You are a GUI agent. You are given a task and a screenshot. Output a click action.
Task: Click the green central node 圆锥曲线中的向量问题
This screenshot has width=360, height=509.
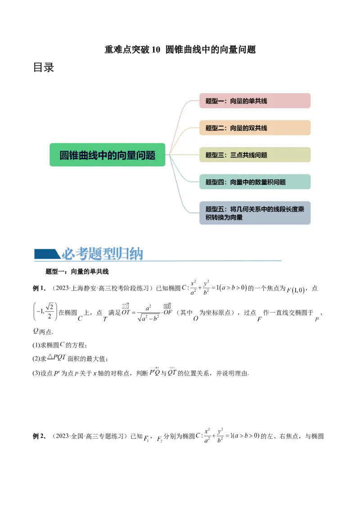coord(107,155)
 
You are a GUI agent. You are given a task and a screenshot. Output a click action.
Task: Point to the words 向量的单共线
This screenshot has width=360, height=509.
coord(248,101)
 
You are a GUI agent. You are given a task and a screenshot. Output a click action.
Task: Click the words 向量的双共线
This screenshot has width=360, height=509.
coord(248,128)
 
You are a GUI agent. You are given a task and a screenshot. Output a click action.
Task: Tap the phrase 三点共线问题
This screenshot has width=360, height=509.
coord(248,155)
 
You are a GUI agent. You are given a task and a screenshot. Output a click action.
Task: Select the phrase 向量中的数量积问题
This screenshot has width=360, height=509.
coord(258,182)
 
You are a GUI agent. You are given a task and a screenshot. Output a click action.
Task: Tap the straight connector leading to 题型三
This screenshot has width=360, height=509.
coord(182,155)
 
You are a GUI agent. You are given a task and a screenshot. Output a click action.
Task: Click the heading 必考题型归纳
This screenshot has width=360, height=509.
coord(102,254)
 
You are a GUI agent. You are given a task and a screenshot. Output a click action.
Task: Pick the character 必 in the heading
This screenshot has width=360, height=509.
coord(68,254)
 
